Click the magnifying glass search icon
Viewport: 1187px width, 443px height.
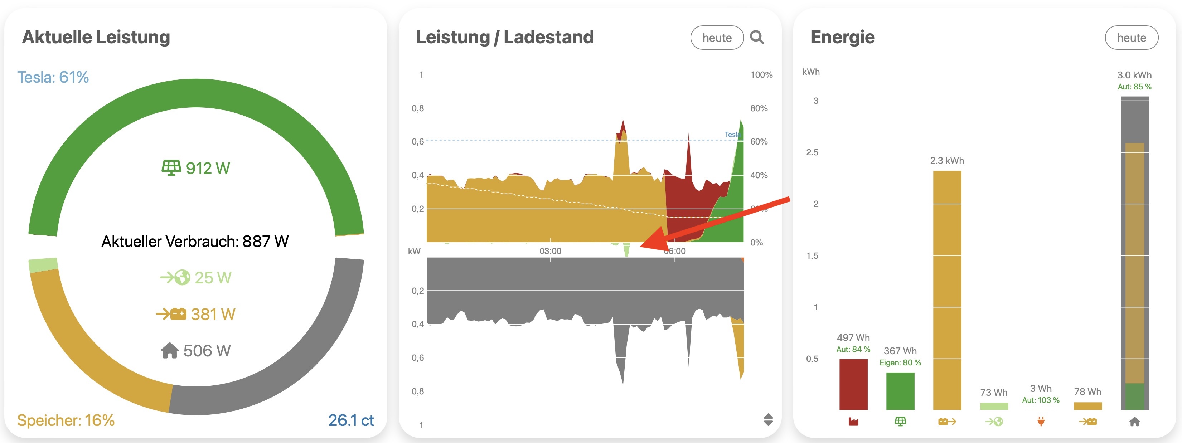[757, 37]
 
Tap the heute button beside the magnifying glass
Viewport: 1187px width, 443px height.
[717, 38]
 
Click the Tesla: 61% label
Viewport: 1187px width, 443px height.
[53, 77]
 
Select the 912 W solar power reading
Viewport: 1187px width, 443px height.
[196, 168]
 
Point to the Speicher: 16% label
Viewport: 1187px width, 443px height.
[66, 420]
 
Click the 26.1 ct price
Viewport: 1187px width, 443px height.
[351, 420]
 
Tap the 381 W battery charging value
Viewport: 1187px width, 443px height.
[196, 314]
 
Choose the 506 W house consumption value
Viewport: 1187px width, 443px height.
[196, 351]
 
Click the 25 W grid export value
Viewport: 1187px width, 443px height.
[196, 278]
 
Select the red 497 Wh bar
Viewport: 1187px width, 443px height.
[853, 385]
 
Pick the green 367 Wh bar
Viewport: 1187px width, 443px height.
[900, 391]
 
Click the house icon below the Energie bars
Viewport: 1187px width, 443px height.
[1134, 422]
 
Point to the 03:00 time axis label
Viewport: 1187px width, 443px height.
[550, 251]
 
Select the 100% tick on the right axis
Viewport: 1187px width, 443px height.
[761, 74]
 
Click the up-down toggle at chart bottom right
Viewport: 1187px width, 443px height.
[768, 419]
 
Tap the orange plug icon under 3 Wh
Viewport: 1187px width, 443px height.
[1041, 422]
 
